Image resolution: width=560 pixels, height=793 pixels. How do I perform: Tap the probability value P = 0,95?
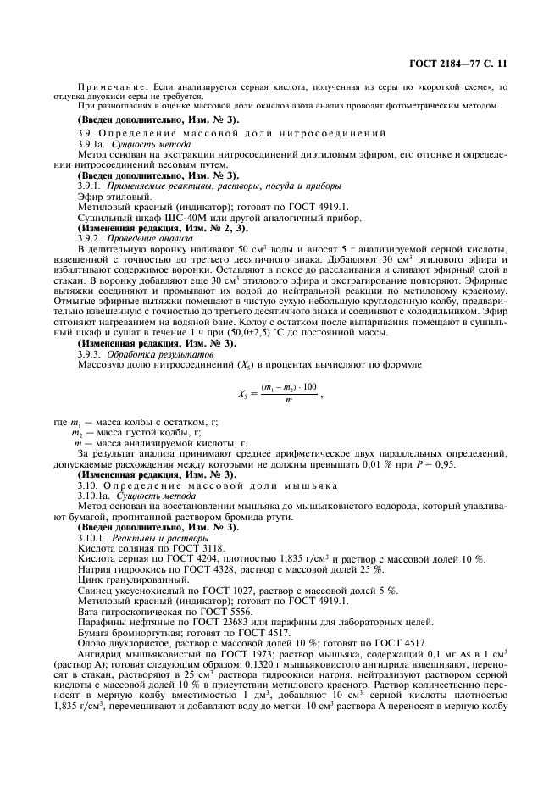click(485, 464)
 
